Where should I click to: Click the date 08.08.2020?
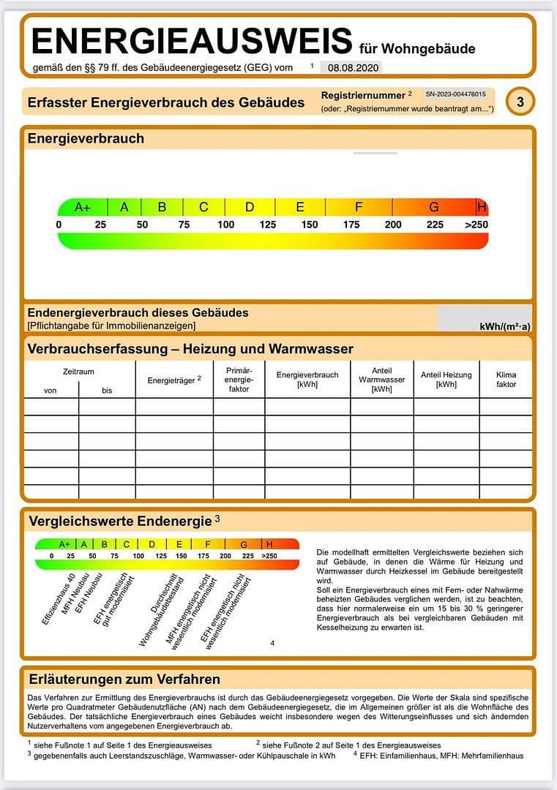(354, 67)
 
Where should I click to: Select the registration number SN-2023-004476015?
(455, 94)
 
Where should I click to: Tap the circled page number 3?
(520, 102)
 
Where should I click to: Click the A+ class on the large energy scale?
(83, 207)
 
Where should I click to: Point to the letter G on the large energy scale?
(434, 207)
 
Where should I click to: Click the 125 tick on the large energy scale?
(268, 225)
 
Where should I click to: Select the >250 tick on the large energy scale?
(476, 225)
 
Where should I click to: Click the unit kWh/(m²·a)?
(505, 326)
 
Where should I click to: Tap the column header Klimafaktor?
(506, 379)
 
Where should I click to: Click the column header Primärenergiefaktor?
(239, 380)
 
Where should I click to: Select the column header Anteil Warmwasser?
(382, 380)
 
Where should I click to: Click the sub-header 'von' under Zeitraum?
(51, 391)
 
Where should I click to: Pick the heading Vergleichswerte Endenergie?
(120, 522)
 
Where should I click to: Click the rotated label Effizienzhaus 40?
(59, 598)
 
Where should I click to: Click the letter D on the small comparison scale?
(152, 544)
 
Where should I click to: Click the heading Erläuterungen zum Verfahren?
(124, 679)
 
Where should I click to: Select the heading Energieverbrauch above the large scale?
(86, 138)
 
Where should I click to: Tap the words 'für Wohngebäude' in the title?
(417, 49)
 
